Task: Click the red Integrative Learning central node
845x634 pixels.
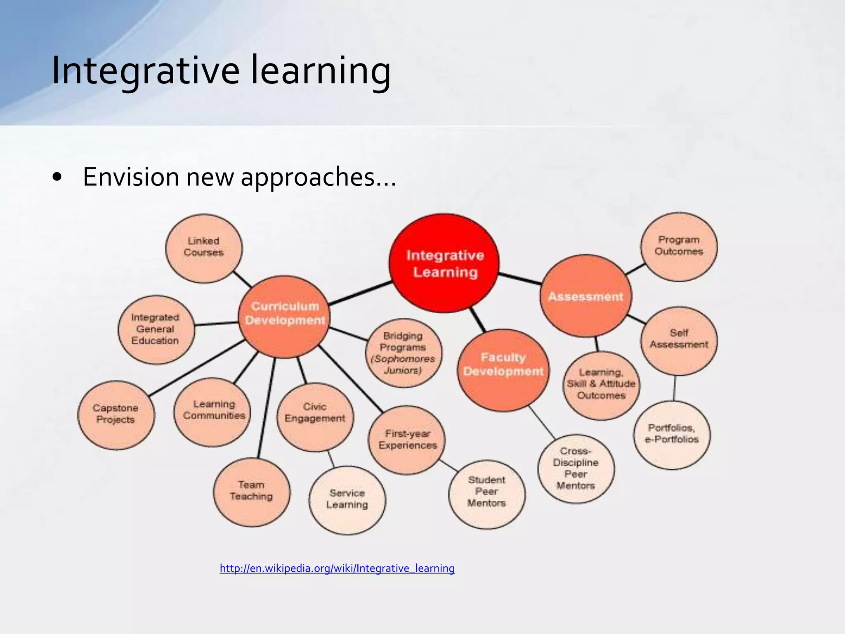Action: pyautogui.click(x=444, y=263)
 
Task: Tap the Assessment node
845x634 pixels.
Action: pyautogui.click(x=586, y=296)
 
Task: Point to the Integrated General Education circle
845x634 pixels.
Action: pyautogui.click(x=156, y=329)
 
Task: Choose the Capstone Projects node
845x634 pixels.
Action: pyautogui.click(x=116, y=414)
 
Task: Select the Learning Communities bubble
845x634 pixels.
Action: pyautogui.click(x=212, y=412)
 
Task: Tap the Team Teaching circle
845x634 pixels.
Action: pyautogui.click(x=252, y=492)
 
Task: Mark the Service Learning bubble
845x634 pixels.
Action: pyautogui.click(x=347, y=500)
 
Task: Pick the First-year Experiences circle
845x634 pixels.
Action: pyautogui.click(x=407, y=440)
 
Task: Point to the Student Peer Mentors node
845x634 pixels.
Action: pyautogui.click(x=487, y=494)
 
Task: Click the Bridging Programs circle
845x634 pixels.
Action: pyautogui.click(x=404, y=353)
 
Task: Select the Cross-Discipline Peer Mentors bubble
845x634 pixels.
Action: pyautogui.click(x=576, y=469)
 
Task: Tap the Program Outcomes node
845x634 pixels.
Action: pyautogui.click(x=679, y=247)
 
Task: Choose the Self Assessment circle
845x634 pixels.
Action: pyautogui.click(x=679, y=340)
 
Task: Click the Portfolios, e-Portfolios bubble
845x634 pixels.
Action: pyautogui.click(x=672, y=435)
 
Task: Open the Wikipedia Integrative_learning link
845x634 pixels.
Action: pyautogui.click(x=337, y=568)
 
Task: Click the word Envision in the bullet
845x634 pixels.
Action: pyautogui.click(x=131, y=177)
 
